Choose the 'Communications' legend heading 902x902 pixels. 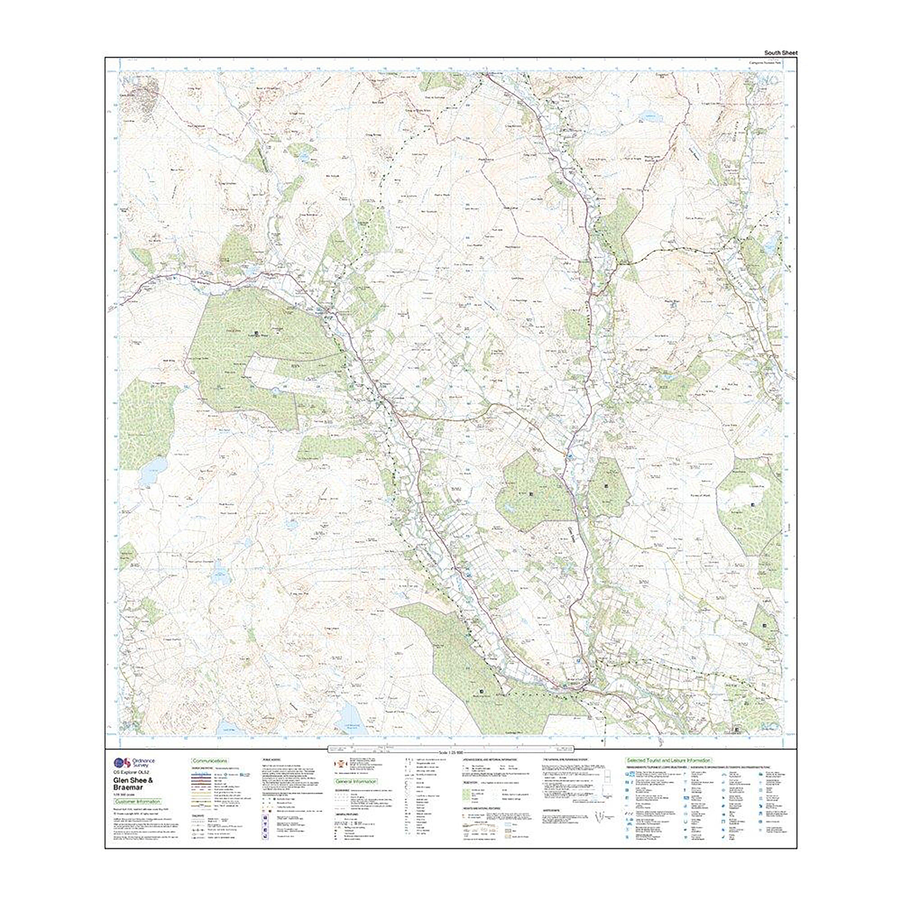tap(210, 761)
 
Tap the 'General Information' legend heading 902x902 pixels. tap(356, 782)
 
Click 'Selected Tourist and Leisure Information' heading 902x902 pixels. tap(668, 761)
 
